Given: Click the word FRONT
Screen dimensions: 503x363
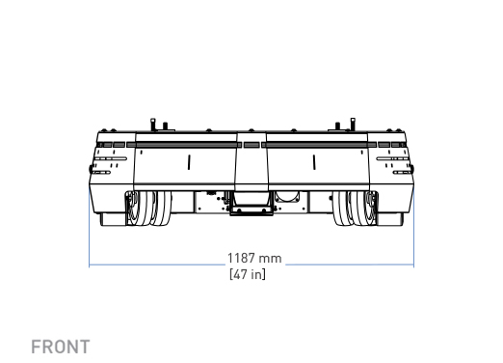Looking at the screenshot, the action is click(x=61, y=347).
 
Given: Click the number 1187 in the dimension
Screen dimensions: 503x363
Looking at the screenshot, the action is click(x=241, y=258).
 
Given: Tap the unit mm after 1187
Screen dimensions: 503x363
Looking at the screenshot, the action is click(x=270, y=259).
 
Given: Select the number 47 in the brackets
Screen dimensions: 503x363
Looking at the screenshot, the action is click(x=241, y=274).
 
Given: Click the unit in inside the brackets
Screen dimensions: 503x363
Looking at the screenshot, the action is click(x=257, y=274).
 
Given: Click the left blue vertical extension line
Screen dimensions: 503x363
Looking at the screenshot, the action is click(x=89, y=228).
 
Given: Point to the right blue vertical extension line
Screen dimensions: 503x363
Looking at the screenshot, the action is click(x=413, y=228).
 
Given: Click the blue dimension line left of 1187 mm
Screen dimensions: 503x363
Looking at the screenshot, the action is click(x=157, y=265).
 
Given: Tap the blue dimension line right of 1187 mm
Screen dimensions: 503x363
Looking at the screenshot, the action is click(x=350, y=265).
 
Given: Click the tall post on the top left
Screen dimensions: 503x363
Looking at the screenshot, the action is click(x=153, y=125).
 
